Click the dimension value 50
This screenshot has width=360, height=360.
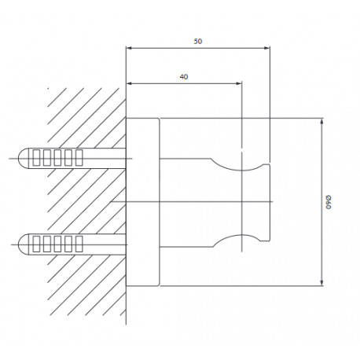click(x=198, y=41)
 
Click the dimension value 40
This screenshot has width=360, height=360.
click(x=184, y=77)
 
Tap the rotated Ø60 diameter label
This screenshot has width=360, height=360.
click(x=329, y=202)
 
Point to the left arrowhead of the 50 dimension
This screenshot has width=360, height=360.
click(x=129, y=48)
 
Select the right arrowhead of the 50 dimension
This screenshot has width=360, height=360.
click(x=267, y=48)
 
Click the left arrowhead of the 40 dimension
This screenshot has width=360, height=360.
click(x=129, y=83)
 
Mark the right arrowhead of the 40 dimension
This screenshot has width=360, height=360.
click(x=239, y=83)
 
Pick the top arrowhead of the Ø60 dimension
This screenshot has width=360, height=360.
click(x=322, y=121)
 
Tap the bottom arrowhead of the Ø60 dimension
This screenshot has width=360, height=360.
click(x=322, y=283)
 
